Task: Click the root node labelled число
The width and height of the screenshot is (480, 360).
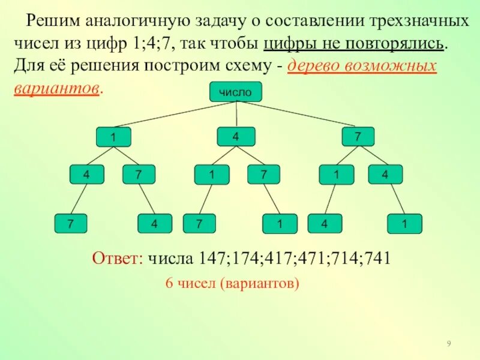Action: [x=235, y=92]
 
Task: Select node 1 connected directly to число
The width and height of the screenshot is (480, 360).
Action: [x=113, y=137]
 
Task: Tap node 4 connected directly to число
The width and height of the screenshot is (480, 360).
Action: [x=236, y=137]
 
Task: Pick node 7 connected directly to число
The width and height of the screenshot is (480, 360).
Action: [x=358, y=137]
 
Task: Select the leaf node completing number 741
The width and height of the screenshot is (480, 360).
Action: [x=405, y=224]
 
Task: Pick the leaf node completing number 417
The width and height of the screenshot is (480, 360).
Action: [x=199, y=224]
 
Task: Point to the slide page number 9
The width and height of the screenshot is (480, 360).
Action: [x=449, y=343]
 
